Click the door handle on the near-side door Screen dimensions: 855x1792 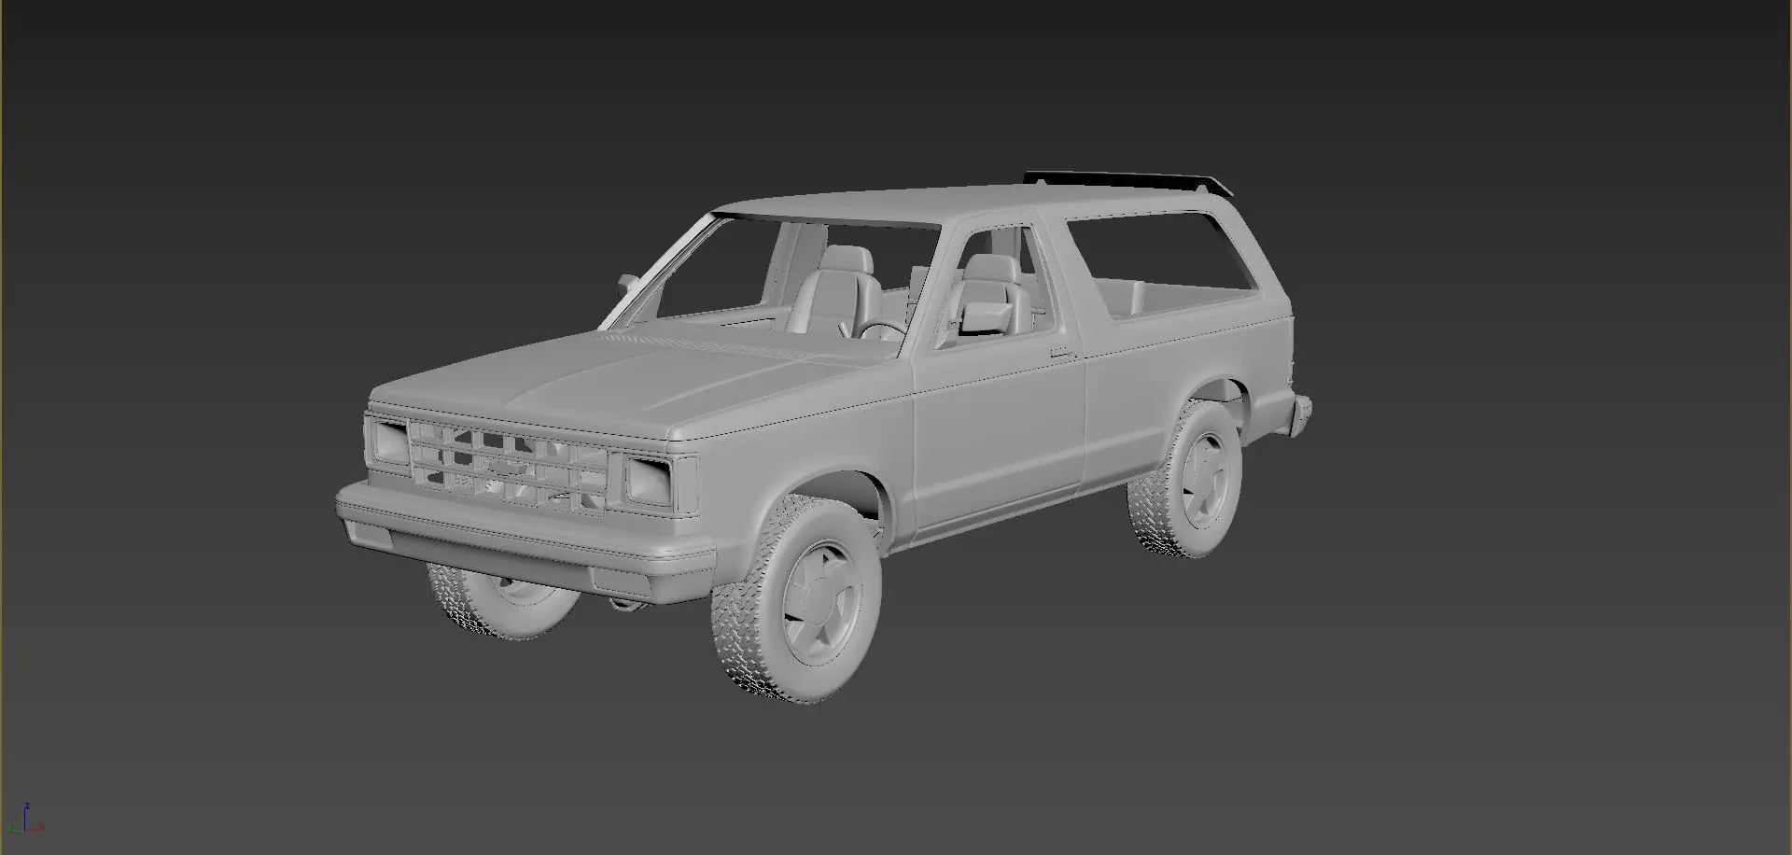1059,353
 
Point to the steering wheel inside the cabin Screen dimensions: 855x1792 879,329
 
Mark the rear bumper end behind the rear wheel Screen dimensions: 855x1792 1300,412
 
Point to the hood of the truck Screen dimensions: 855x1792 635,373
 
